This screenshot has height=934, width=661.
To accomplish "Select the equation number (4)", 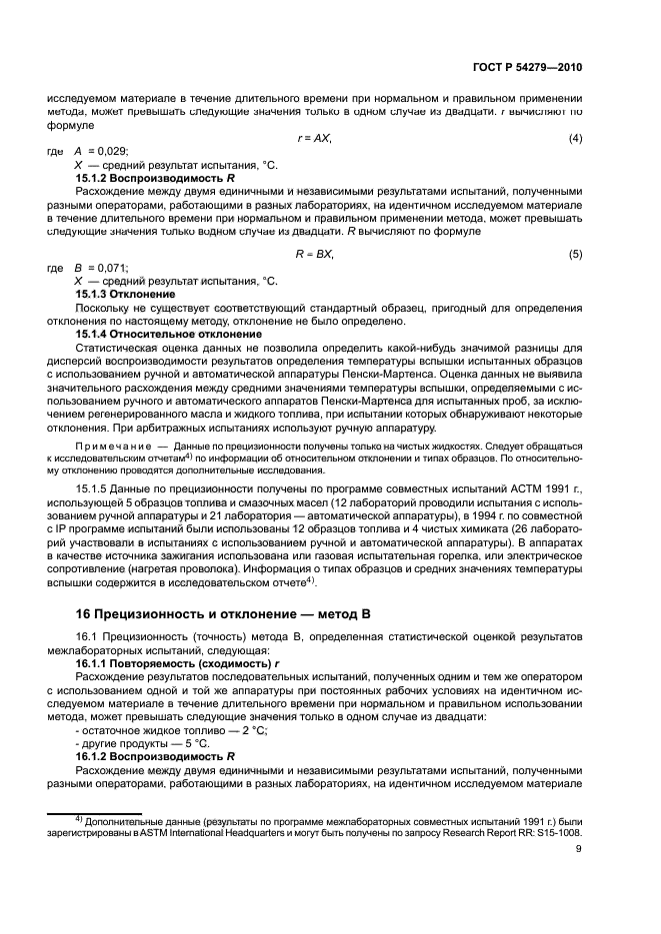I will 575,137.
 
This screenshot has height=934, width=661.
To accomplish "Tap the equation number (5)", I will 575,255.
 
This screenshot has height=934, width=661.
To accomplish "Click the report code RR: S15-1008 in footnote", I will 550,832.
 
